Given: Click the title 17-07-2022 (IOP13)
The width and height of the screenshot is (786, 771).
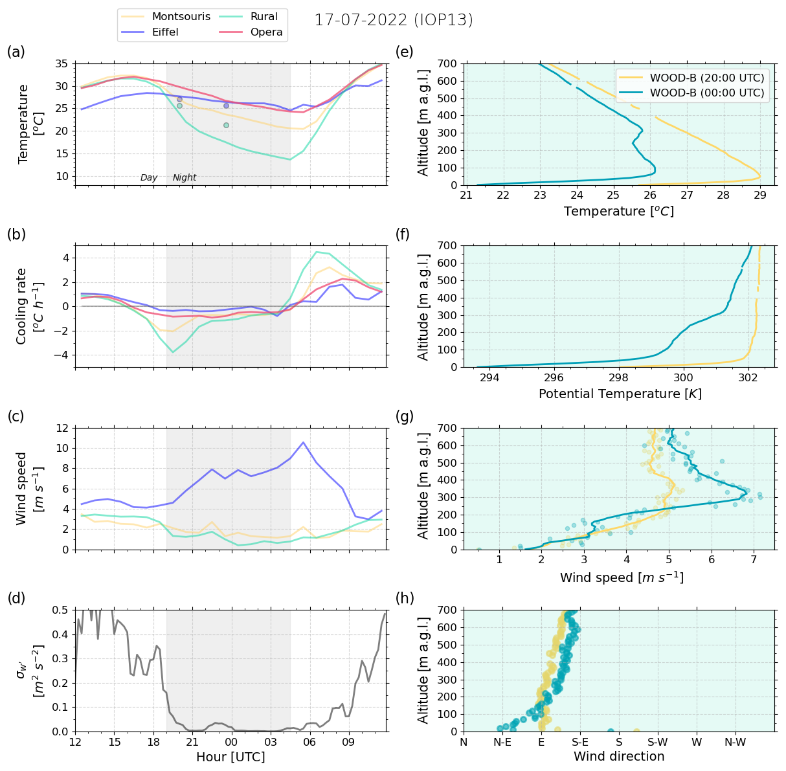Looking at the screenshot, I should [394, 20].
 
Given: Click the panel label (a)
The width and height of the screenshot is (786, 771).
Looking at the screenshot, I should [16, 52].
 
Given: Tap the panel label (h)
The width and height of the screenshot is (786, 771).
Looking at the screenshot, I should [405, 598].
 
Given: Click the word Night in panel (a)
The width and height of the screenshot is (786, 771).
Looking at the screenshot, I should [185, 178].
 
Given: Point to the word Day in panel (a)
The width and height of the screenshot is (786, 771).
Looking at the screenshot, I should [149, 178].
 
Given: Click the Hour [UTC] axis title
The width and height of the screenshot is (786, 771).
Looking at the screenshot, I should [230, 757].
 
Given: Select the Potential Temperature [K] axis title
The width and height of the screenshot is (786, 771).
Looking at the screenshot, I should [620, 394].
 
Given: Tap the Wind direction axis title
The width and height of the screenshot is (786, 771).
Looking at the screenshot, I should [619, 757].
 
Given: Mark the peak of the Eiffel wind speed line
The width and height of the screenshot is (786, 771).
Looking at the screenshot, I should [303, 442].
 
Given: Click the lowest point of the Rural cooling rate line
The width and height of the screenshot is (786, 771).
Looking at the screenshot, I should [173, 352].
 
